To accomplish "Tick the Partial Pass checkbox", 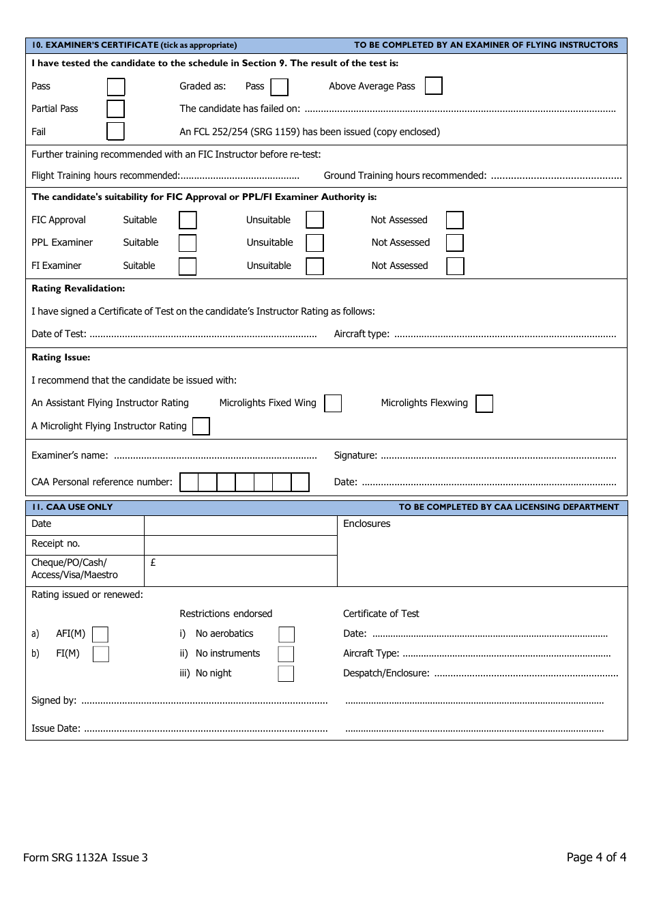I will click(116, 109).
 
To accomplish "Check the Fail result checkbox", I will click(116, 131).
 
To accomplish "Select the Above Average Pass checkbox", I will click(433, 86).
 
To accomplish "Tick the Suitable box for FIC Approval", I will click(188, 220).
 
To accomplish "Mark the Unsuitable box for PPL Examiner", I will click(314, 243).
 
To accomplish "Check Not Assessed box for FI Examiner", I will click(455, 266).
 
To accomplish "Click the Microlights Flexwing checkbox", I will click(484, 403).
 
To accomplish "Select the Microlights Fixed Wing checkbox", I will click(333, 403).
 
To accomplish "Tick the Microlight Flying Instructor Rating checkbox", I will click(201, 427).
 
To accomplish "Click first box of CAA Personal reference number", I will click(189, 483).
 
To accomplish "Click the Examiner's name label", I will click(70, 455).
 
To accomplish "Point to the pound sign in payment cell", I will click(153, 562).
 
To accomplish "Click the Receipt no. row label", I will click(56, 543).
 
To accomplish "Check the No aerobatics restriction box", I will click(286, 635).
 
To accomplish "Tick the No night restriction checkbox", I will click(286, 674).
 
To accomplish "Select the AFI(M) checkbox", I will click(100, 635).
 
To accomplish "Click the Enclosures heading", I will click(367, 523).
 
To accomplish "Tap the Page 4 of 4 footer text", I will click(596, 857).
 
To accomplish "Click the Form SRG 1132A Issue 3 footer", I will click(85, 857).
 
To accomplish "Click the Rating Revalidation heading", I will click(78, 289).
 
